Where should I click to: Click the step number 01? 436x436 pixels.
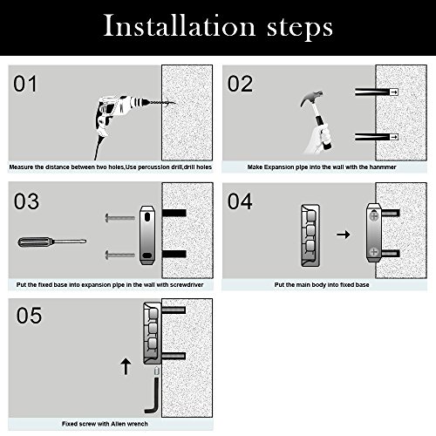pos(25,84)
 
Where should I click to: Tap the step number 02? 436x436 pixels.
pos(240,84)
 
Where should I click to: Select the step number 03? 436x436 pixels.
pos(26,201)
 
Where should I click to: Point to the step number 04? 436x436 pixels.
pos(240,201)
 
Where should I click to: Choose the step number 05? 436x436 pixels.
pos(29,316)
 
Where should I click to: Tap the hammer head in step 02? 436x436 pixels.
pos(311,98)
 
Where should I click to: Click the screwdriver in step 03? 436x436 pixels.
pos(52,242)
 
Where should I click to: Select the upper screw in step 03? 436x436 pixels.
pos(120,218)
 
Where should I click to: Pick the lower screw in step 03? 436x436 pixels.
pos(120,255)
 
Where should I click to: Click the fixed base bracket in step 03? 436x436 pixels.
pos(147,235)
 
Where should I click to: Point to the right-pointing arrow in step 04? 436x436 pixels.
pos(344,235)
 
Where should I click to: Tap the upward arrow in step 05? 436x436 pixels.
pos(126,366)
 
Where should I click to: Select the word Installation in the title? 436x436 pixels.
pos(180,26)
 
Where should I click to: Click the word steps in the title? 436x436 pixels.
pos(300,28)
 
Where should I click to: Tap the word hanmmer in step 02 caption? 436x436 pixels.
pos(383,167)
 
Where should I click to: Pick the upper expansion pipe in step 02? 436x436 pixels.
pos(377,92)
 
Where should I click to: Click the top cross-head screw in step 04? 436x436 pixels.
pos(374,215)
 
